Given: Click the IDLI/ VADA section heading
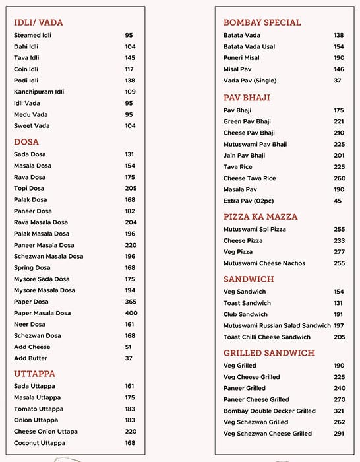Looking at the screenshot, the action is [x=38, y=22].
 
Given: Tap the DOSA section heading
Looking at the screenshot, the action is [x=26, y=142].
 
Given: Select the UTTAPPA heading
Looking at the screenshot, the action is [x=34, y=374].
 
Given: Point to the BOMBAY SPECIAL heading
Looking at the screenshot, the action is [x=262, y=22].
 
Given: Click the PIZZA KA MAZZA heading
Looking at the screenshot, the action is [x=260, y=216].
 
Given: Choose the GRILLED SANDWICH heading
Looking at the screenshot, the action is [x=268, y=353].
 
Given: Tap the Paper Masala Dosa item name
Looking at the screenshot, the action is [x=43, y=313].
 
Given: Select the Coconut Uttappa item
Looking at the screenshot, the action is [x=39, y=443].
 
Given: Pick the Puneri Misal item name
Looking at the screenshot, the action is [x=241, y=58].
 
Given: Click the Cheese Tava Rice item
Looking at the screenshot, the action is [x=249, y=178].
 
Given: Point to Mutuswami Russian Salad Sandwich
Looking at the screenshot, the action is [x=277, y=326].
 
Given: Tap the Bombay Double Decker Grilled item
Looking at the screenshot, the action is [x=269, y=411].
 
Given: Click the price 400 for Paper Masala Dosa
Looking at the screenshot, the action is [x=131, y=313].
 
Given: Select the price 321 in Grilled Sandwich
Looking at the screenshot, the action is [x=339, y=411].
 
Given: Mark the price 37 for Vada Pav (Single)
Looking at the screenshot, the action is [x=337, y=81].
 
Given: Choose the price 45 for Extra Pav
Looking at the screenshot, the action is [x=338, y=201].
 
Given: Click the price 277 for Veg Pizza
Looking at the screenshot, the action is [x=339, y=252].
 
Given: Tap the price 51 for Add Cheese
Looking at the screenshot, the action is [x=128, y=347].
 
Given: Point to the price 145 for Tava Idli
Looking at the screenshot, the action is [x=130, y=58].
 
